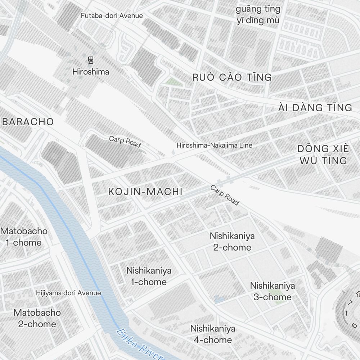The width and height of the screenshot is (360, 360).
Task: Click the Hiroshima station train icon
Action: [90, 60]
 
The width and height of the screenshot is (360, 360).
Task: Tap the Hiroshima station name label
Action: [90, 72]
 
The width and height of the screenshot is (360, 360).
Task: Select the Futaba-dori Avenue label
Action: [112, 16]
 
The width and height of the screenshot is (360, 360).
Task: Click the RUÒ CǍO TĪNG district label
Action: [232, 77]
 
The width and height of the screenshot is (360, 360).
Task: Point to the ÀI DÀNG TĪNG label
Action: [315, 107]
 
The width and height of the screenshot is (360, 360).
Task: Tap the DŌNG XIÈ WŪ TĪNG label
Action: [323, 154]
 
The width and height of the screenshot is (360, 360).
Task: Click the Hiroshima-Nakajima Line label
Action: [214, 145]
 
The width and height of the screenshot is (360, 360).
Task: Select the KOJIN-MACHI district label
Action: [145, 192]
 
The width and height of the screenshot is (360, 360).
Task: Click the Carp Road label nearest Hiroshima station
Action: [125, 141]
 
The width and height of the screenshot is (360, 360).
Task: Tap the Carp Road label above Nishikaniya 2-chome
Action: [225, 195]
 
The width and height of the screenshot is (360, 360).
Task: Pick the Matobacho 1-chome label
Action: [24, 237]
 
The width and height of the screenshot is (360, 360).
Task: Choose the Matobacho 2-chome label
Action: [37, 318]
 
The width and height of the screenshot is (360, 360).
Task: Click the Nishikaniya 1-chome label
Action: [149, 276]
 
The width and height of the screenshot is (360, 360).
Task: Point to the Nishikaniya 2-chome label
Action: [232, 242]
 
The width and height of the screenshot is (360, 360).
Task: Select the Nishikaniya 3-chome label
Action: [273, 291]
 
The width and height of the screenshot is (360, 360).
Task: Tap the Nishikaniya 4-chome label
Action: [213, 334]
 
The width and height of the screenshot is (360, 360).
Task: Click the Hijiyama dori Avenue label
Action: [68, 293]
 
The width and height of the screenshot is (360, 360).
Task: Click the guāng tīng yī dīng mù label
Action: [258, 14]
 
